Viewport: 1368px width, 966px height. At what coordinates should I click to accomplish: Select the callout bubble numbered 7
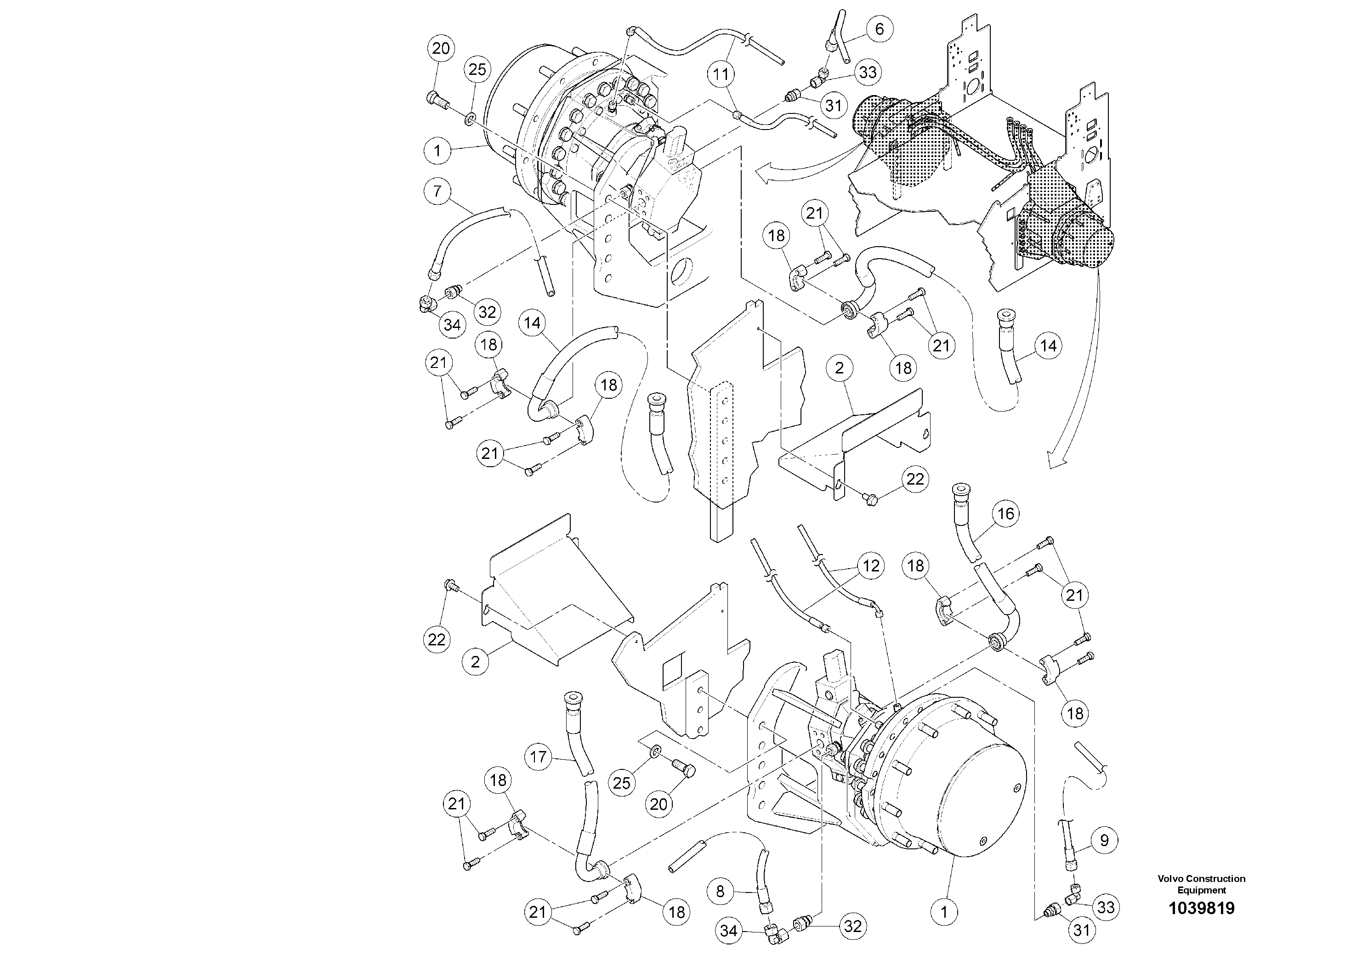pos(438,192)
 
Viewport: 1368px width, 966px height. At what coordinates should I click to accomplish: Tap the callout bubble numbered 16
pos(1005,514)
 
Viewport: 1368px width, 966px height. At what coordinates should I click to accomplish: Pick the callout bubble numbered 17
pos(538,757)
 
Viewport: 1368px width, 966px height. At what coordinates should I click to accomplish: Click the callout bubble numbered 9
pos(1104,840)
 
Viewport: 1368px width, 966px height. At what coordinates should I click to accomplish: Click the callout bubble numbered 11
pos(721,74)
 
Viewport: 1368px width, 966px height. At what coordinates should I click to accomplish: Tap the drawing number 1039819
pos(1201,908)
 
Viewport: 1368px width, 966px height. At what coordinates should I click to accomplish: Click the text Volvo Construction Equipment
pos(1201,884)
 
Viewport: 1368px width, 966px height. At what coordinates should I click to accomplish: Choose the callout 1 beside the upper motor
pos(438,151)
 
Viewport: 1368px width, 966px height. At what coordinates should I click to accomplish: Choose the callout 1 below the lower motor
pos(944,912)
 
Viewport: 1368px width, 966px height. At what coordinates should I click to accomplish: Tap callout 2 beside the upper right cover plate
pos(839,368)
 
